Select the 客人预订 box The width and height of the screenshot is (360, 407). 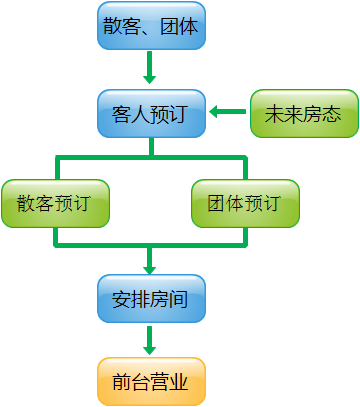coord(151,113)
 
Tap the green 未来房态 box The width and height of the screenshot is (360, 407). coord(303,113)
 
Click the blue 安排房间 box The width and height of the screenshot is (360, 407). coord(151,297)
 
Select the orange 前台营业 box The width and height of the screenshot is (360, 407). coord(151,381)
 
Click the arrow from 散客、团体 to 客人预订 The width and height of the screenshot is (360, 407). coord(151,68)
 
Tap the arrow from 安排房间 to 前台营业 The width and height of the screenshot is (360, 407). coord(151,339)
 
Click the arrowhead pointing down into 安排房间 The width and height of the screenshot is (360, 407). coord(151,268)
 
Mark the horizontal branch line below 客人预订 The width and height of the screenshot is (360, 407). coord(151,156)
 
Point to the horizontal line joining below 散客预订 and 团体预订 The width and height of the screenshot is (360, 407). coord(151,243)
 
